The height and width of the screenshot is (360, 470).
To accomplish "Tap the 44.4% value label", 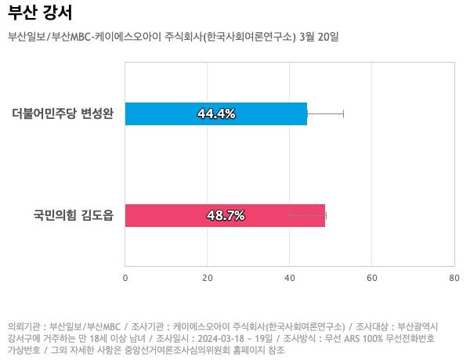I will coord(216,114).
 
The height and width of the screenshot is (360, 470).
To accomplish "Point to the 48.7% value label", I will coord(226,215).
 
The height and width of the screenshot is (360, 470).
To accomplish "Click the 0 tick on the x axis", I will coord(125,277).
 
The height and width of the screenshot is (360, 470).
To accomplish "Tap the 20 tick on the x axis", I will coord(208,277).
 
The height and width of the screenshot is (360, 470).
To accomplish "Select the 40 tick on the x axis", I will coord(290,277).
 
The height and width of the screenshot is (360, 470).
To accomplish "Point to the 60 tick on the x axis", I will coord(372,277).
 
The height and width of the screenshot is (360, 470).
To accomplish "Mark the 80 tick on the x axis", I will coord(454,277).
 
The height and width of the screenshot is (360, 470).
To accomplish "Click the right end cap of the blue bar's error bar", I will coord(343,114).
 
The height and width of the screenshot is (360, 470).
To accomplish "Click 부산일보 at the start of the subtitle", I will coord(27,37).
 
